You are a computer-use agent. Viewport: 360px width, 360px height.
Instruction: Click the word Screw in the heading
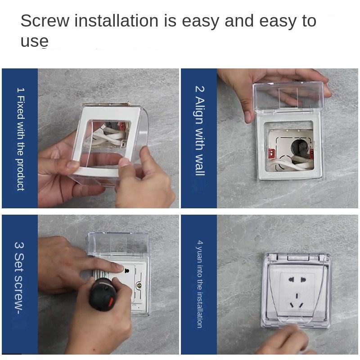pos(45,21)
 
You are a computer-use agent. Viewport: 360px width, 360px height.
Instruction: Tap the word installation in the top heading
pos(117,21)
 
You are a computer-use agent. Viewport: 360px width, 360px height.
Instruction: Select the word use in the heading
pos(35,41)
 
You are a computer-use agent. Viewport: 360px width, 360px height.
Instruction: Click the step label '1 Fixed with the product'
pos(21,139)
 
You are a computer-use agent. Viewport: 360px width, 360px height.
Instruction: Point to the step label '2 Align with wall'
pos(200,131)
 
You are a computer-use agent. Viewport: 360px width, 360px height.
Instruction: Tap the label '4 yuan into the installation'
pos(200,284)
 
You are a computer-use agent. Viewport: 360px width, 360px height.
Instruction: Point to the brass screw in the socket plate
pos(139,286)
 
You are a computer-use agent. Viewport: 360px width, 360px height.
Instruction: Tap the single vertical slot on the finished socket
pos(297,296)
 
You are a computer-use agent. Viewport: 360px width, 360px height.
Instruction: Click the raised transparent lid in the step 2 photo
pos(288,96)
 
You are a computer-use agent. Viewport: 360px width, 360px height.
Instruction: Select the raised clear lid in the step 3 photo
pos(119,244)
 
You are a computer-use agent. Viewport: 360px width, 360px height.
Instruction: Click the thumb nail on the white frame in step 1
pos(124,162)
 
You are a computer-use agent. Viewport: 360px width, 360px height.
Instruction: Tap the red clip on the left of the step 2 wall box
pos(271,153)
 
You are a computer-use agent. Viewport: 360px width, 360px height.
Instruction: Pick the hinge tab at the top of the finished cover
pos(298,257)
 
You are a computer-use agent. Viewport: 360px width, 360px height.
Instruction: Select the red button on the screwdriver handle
pos(111,301)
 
